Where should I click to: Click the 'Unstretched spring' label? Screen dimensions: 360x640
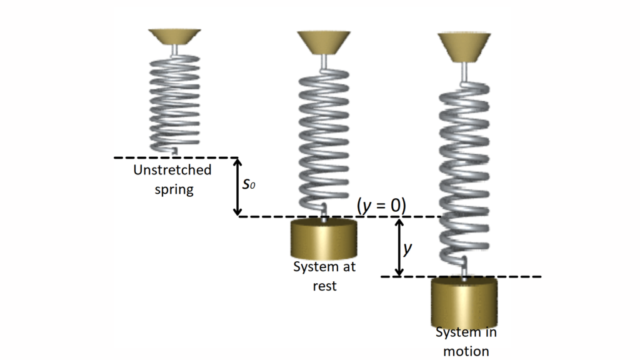[x=172, y=179]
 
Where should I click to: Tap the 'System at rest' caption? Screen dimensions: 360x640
[x=324, y=276]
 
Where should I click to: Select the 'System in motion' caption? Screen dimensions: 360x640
[x=466, y=341]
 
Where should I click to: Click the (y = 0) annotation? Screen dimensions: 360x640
[x=381, y=205]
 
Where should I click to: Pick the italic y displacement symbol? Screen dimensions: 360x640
[x=407, y=248]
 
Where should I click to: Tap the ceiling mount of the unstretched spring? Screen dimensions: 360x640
[x=175, y=37]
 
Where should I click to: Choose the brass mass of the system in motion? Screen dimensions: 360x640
[x=464, y=302]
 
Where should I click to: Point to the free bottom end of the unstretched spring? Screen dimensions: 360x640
[x=175, y=151]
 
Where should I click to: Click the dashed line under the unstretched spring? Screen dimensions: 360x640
[x=176, y=158]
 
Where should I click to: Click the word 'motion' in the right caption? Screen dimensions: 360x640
[x=466, y=351]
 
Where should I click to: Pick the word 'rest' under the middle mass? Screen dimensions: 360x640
[x=324, y=286]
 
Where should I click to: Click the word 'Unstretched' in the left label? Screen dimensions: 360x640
[x=172, y=170]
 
